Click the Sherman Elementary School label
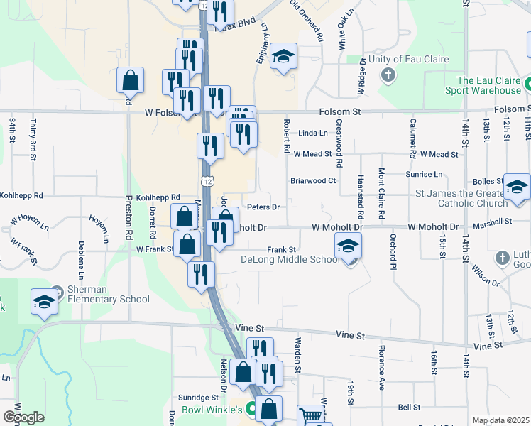point(109,294)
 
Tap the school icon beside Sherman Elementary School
point(44,302)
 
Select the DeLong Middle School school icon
point(348,246)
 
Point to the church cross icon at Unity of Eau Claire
point(388,75)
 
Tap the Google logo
point(23,417)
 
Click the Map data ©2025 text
point(500,420)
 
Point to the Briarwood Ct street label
point(313,180)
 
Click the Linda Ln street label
point(313,133)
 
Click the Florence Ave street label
point(381,359)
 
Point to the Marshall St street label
point(494,221)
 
